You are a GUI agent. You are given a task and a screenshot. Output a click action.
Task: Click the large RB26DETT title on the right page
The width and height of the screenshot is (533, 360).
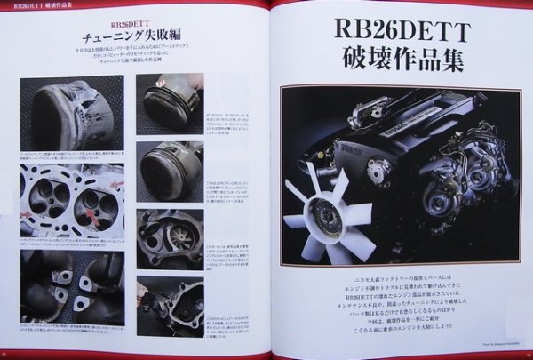[x=402, y=28]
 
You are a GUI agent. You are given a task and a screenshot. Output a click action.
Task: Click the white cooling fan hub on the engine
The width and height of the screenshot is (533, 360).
[x=322, y=207]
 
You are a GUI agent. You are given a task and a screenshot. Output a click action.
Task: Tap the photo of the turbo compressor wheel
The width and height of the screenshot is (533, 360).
[x=170, y=234]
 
